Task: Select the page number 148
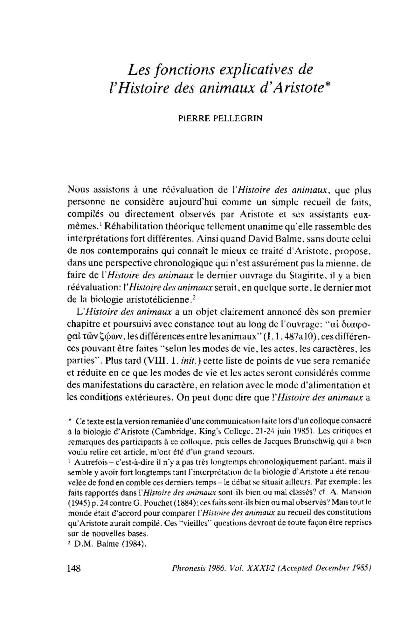(74, 567)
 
